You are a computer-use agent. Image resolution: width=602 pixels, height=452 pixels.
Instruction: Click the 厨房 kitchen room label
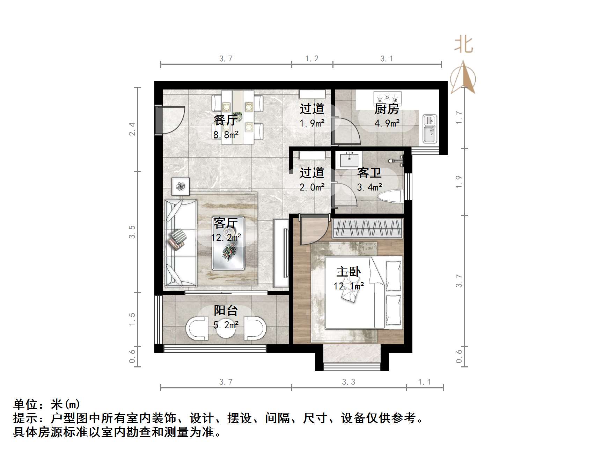pyautogui.click(x=387, y=109)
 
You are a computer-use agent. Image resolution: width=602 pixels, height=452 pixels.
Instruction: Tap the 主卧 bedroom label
pyautogui.click(x=348, y=272)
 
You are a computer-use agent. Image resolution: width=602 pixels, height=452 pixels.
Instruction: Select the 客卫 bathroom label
pyautogui.click(x=369, y=173)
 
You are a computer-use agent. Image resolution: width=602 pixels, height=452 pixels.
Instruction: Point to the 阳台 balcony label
pyautogui.click(x=226, y=310)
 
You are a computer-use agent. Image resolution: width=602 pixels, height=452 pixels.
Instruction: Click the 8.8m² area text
pyautogui.click(x=226, y=135)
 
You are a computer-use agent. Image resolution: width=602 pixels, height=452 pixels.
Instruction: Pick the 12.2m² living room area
pyautogui.click(x=226, y=238)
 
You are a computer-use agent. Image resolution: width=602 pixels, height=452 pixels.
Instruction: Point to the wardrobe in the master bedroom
pyautogui.click(x=367, y=228)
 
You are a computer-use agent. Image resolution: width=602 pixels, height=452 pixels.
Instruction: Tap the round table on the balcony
pyautogui.click(x=226, y=328)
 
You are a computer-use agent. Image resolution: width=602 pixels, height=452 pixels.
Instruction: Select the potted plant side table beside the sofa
pyautogui.click(x=181, y=187)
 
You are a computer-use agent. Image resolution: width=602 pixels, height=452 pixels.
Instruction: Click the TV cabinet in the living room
pyautogui.click(x=281, y=253)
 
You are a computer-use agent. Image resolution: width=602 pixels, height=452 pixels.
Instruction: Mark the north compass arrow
pyautogui.click(x=463, y=77)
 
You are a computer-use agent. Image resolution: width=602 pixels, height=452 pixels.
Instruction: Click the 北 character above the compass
pyautogui.click(x=463, y=45)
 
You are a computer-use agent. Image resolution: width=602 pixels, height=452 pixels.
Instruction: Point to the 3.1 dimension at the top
pyautogui.click(x=387, y=59)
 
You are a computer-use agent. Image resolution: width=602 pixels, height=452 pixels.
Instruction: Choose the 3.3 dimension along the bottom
pyautogui.click(x=348, y=382)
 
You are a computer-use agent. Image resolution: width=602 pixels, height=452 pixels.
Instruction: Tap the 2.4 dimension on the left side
pyautogui.click(x=132, y=129)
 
